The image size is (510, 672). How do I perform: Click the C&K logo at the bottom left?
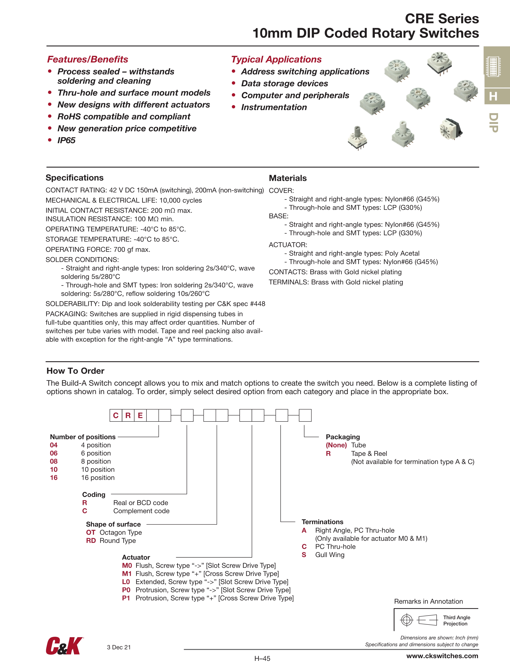point(64,646)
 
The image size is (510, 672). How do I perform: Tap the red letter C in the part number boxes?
point(116,416)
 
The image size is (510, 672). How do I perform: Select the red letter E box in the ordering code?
point(140,416)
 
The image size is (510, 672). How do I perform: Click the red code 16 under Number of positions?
point(54,478)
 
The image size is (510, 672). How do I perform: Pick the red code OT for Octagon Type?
point(91,533)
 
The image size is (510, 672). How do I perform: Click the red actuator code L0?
point(126,582)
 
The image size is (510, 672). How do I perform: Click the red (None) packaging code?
point(336,445)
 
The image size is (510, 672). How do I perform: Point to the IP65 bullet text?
point(66,140)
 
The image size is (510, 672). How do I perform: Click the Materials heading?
point(287,178)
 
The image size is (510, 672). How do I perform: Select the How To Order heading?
point(75,371)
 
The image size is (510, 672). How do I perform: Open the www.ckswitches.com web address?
point(442,656)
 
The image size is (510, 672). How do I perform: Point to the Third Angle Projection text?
point(456,620)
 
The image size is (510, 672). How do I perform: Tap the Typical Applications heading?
point(276,59)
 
